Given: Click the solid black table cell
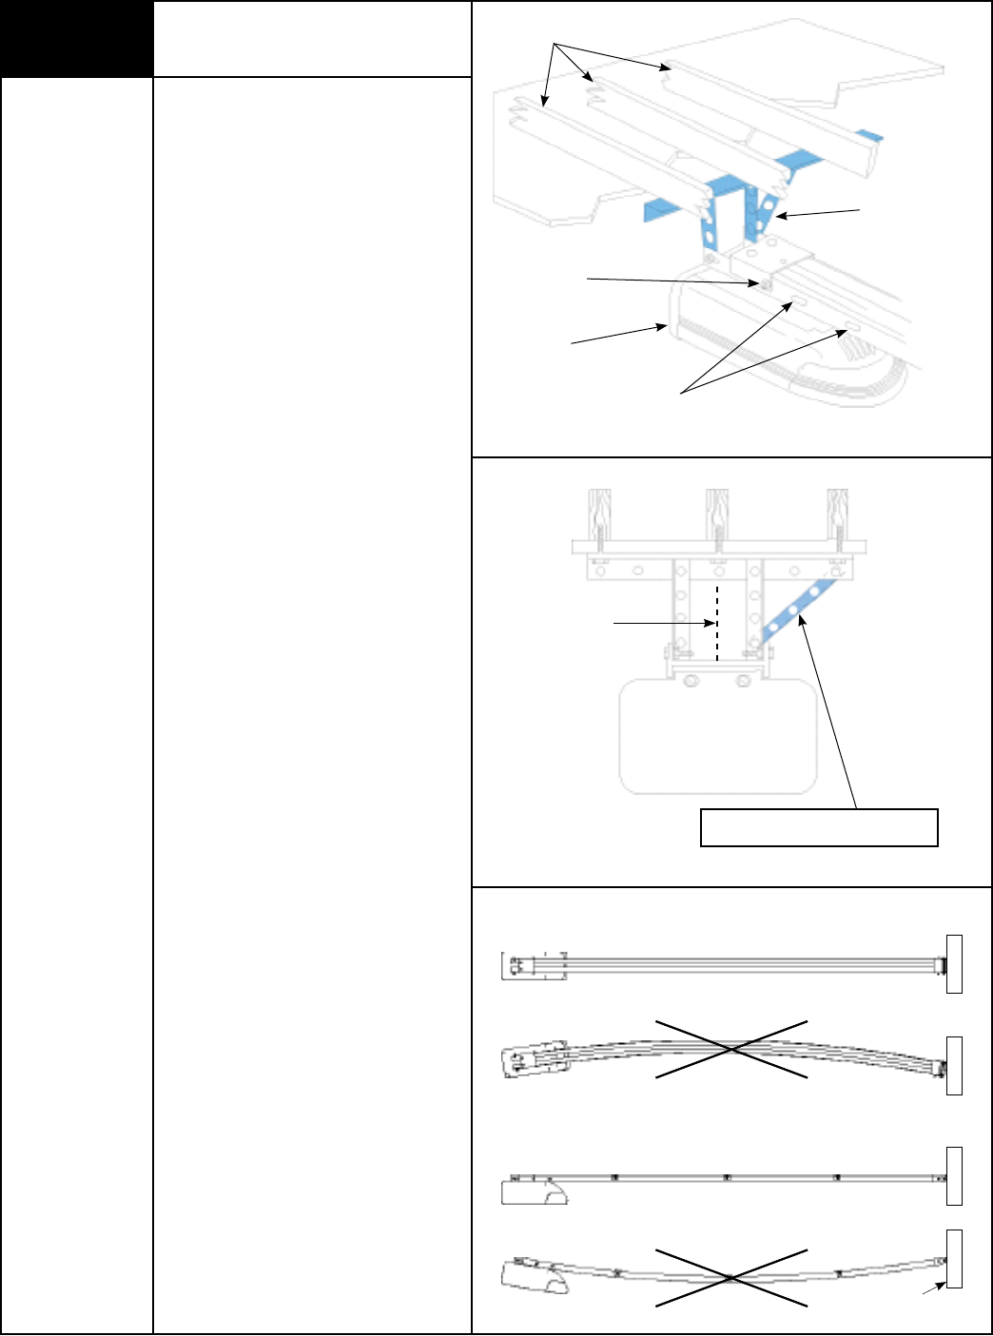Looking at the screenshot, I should tap(77, 39).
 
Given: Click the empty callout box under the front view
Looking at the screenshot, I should tap(819, 827).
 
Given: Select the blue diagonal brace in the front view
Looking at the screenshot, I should tap(797, 613).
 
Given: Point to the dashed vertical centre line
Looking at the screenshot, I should tap(717, 623).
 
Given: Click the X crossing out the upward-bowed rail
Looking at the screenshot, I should tap(731, 1049).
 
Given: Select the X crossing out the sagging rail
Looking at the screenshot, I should tap(731, 1277).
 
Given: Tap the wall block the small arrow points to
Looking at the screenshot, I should tap(954, 1258).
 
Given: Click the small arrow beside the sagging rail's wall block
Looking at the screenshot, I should tap(932, 1289).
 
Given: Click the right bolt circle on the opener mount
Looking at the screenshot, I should tap(744, 681).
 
